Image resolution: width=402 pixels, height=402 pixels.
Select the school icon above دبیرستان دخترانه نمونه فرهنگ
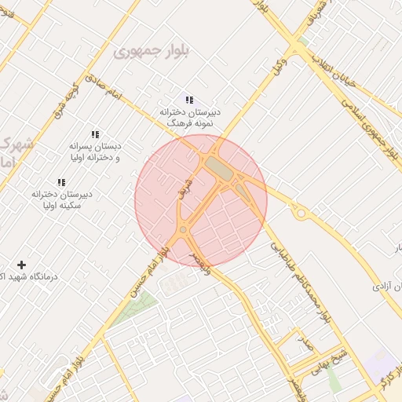(x=188, y=99)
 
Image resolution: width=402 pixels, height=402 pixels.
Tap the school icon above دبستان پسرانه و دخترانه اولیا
(x=96, y=135)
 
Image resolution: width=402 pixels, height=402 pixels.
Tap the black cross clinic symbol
(x=21, y=266)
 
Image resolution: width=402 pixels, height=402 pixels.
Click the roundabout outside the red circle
(x=299, y=212)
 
